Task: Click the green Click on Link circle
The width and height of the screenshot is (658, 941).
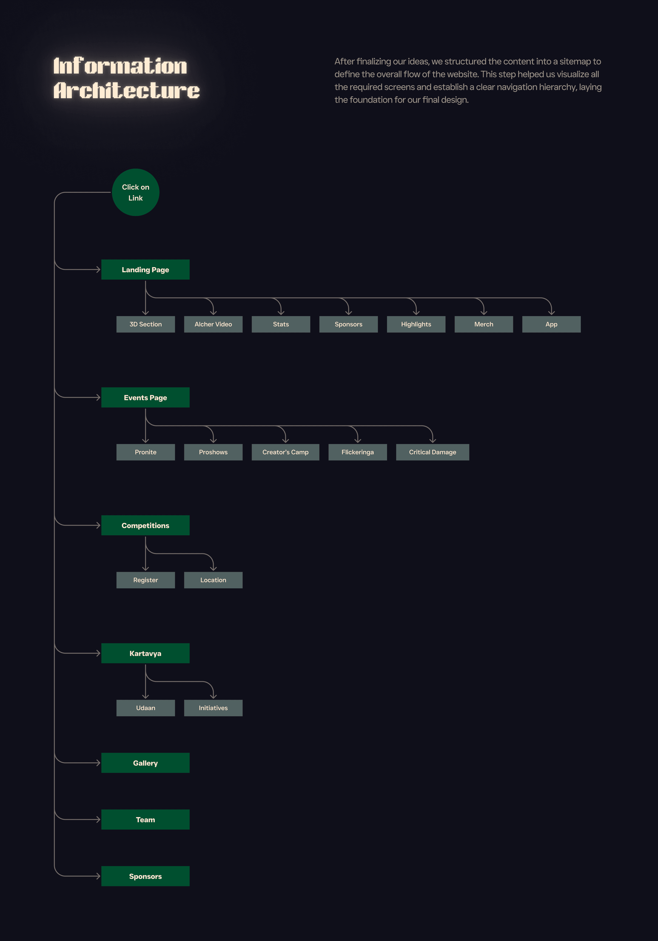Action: (135, 192)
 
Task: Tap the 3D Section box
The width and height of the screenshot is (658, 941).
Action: (145, 324)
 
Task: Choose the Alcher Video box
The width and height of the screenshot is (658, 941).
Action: (213, 324)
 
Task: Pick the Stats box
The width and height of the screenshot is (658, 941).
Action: (281, 324)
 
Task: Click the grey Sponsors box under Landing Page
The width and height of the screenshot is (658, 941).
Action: (348, 324)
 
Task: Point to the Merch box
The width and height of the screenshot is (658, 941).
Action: (484, 324)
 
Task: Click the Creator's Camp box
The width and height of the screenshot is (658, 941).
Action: (285, 452)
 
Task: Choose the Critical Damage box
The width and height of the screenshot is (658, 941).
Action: (433, 452)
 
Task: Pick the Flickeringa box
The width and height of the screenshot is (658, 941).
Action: (357, 452)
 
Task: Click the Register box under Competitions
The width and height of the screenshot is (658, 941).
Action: (145, 580)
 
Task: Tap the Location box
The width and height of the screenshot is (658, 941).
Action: (213, 580)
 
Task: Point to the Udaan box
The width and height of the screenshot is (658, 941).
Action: (145, 708)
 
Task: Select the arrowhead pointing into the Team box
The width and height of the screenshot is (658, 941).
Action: (98, 820)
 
